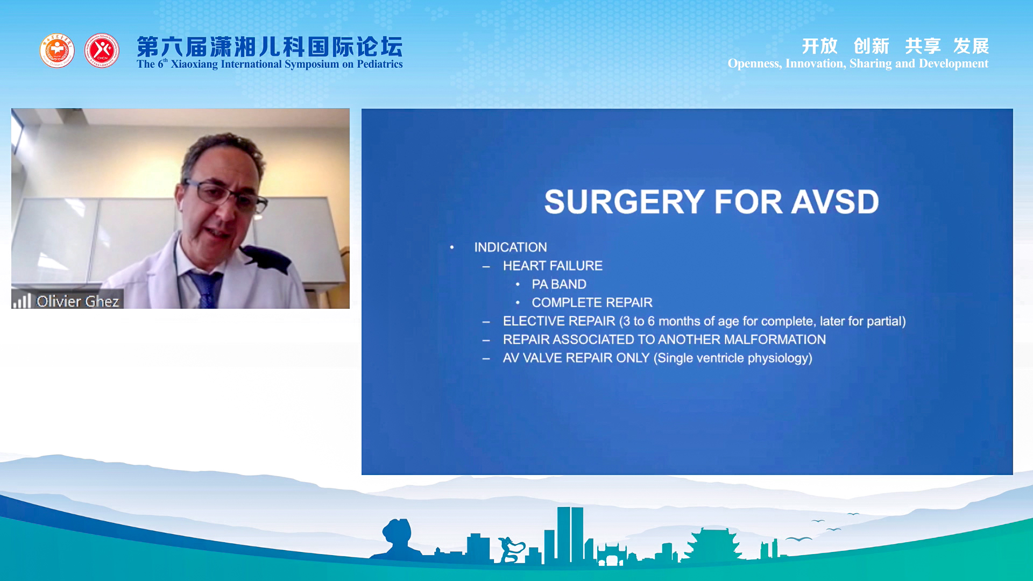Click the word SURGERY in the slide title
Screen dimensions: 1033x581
pos(624,202)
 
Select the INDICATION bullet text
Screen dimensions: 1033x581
pos(510,247)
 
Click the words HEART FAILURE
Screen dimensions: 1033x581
pos(553,266)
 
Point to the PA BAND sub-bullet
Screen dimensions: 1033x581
pos(559,284)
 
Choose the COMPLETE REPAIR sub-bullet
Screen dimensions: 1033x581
pos(592,302)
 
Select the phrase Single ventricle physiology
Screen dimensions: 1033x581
pos(733,358)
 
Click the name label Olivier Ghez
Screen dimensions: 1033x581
pos(77,301)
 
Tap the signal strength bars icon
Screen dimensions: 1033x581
pos(22,301)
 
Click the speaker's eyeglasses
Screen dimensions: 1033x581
pos(226,196)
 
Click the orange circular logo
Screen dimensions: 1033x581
pos(57,51)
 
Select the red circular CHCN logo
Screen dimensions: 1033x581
pos(102,51)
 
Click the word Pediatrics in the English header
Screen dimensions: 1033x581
pos(380,64)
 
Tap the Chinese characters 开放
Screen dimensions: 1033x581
pos(820,46)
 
